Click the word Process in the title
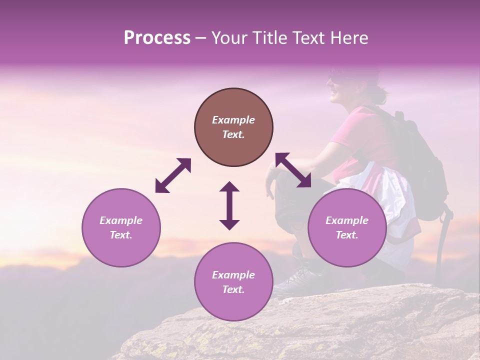[x=157, y=38]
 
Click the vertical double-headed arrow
[x=229, y=205]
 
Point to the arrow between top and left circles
[x=173, y=175]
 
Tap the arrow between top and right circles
[x=293, y=170]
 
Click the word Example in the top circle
[x=233, y=120]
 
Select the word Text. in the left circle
[x=121, y=235]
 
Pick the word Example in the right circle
[x=347, y=220]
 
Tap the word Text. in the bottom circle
[x=233, y=289]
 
